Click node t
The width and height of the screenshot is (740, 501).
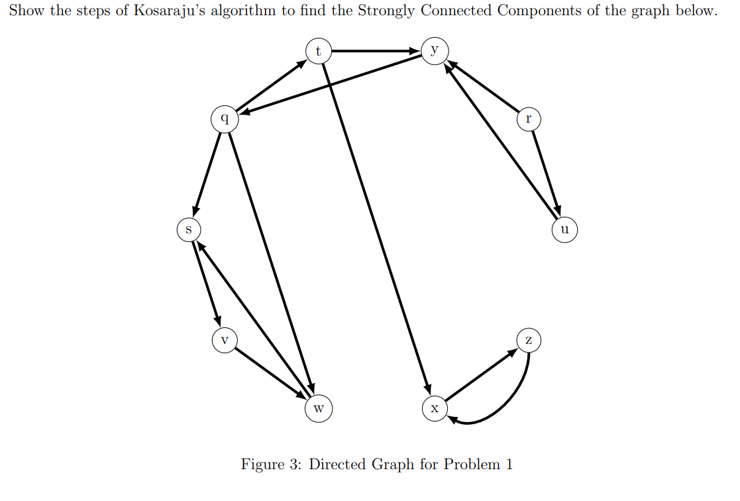[318, 50]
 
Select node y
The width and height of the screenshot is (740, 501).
[434, 50]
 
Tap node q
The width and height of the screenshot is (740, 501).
[225, 119]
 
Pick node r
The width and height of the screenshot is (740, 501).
[527, 119]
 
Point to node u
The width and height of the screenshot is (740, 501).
[564, 230]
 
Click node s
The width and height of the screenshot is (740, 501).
[188, 230]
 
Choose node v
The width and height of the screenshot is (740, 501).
[225, 340]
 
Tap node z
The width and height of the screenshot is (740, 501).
[527, 340]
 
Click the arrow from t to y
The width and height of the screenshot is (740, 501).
[376, 50]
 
